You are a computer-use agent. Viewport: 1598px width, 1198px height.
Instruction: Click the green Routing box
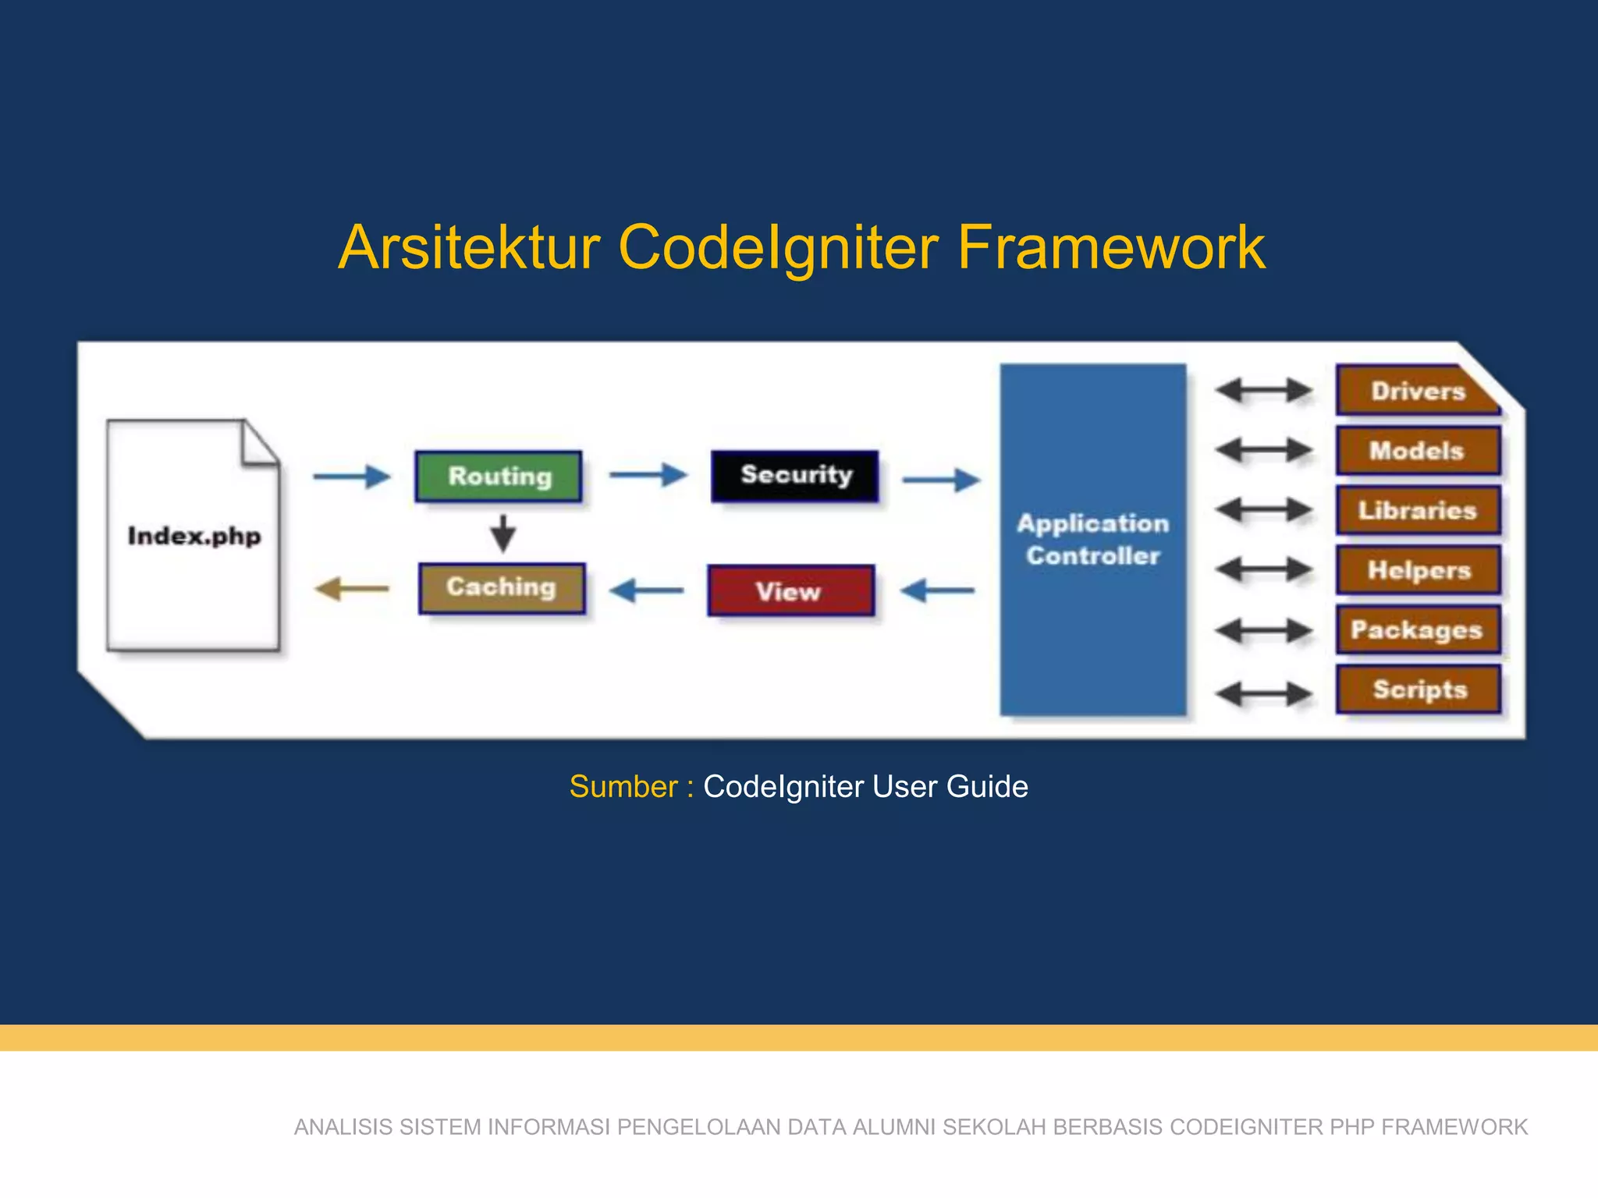[x=499, y=476]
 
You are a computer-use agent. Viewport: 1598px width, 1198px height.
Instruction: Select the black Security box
[x=795, y=475]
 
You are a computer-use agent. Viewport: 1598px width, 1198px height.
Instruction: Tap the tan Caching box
[x=501, y=588]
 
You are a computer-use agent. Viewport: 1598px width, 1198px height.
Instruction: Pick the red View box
[x=790, y=591]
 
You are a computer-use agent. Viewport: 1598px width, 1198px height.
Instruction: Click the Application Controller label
[x=1092, y=540]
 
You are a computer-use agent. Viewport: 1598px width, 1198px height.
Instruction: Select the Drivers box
[x=1417, y=391]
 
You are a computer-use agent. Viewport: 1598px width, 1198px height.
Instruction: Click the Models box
[x=1417, y=451]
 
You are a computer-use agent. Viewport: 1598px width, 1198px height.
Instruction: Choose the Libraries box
[x=1417, y=511]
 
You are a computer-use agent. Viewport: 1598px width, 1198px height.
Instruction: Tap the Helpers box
[x=1417, y=570]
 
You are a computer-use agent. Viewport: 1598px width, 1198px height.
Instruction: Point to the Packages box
[x=1417, y=630]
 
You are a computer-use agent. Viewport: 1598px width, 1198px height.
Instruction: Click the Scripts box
[x=1417, y=689]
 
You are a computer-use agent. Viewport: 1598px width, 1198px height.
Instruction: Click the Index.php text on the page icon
[x=194, y=537]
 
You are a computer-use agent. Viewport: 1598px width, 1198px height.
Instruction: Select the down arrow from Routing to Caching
[x=503, y=533]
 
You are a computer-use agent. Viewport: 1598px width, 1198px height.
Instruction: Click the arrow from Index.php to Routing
[x=351, y=476]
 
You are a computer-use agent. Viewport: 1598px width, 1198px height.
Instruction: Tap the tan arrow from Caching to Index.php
[x=352, y=589]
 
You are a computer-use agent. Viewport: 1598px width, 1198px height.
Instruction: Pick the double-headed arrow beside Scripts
[x=1263, y=693]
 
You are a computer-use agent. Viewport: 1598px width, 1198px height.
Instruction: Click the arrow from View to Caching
[x=646, y=590]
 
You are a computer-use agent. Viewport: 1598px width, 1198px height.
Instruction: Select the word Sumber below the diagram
[x=623, y=787]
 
